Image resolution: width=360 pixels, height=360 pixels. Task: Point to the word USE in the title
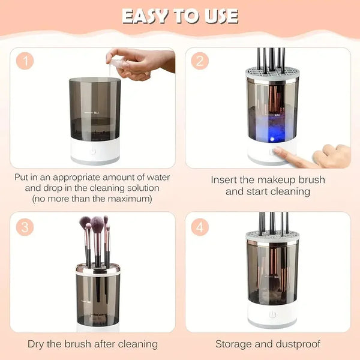(220, 16)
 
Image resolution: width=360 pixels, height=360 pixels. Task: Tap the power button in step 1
(93, 151)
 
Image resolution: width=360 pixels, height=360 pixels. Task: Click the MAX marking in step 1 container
(96, 112)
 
